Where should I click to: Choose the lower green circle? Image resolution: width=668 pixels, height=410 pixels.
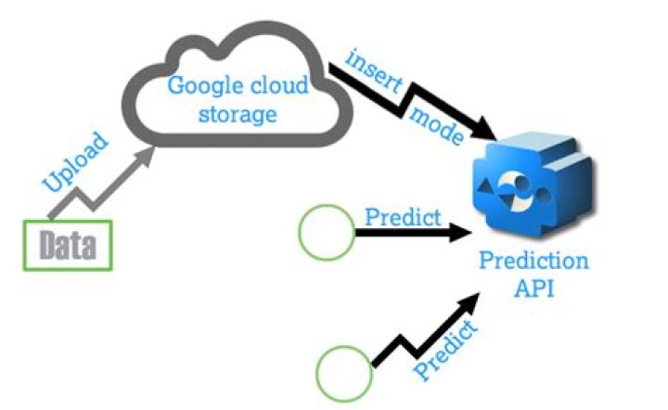pos(343,373)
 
